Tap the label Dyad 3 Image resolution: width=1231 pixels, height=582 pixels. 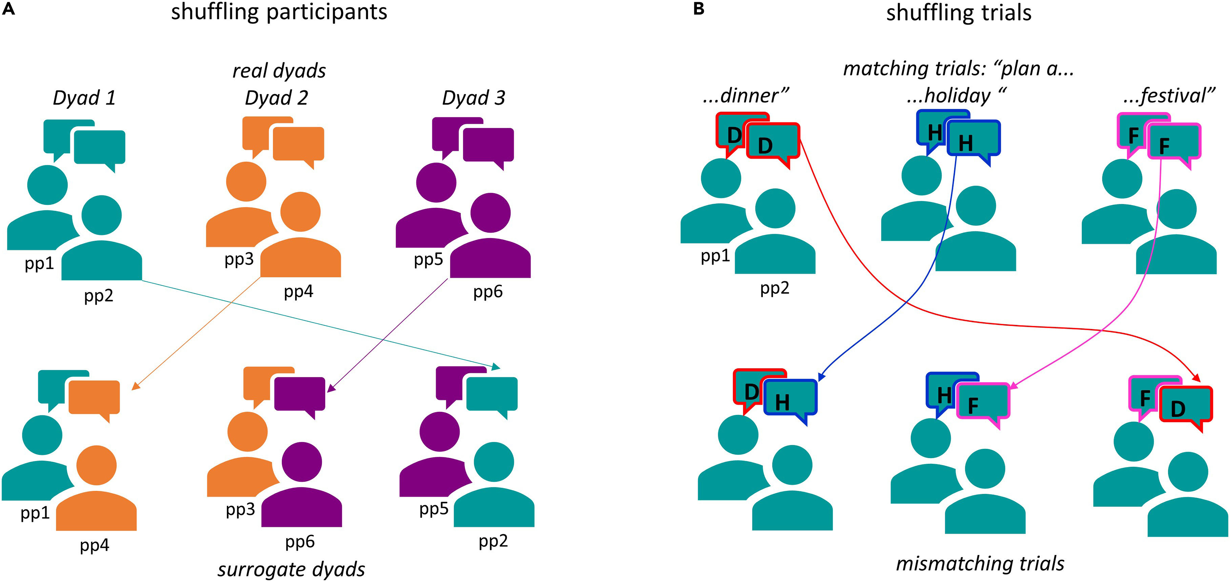coord(473,98)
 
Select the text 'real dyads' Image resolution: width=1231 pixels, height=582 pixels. coord(279,71)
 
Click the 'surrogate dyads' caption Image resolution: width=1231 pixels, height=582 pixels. coord(291,569)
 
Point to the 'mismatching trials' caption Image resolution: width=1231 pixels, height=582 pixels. coord(980,563)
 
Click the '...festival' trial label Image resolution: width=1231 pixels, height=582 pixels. coord(1168,96)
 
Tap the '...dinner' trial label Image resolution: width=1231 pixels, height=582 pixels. coord(745,96)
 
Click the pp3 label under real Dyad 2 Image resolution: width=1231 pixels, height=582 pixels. coord(239,259)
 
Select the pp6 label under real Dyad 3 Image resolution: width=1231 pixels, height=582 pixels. coord(487,291)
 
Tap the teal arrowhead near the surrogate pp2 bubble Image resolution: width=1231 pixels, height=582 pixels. coord(496,367)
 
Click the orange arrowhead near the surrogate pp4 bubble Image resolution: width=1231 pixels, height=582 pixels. coord(135,387)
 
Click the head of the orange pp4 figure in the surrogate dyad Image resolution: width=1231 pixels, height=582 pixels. coord(96,465)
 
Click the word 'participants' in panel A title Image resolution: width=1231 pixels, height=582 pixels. coord(327,12)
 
